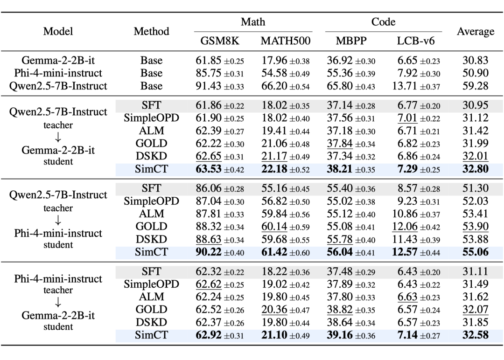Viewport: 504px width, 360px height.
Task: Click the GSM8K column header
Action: (x=220, y=41)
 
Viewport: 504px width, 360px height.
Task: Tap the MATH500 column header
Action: (x=286, y=41)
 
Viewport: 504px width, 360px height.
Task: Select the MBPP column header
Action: (x=351, y=41)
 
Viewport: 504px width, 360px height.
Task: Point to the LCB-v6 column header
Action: (x=416, y=41)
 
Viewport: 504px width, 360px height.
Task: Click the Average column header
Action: (x=476, y=31)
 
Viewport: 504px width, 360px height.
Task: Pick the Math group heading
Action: (x=253, y=22)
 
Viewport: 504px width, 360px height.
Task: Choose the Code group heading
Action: (x=383, y=22)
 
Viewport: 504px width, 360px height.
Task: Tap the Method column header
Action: (x=151, y=31)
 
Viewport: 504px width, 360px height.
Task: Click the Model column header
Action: (x=58, y=31)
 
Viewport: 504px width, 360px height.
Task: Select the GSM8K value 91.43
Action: (x=208, y=86)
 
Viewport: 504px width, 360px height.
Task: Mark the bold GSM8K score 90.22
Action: (x=209, y=252)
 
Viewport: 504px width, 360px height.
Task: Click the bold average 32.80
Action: (x=476, y=169)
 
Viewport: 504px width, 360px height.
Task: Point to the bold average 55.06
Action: (x=476, y=252)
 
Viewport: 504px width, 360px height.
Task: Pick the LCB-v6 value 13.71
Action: (x=405, y=86)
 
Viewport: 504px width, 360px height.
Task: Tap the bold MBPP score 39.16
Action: (x=340, y=335)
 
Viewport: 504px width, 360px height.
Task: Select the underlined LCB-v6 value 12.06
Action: (x=405, y=227)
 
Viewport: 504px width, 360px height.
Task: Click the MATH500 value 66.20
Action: (x=274, y=86)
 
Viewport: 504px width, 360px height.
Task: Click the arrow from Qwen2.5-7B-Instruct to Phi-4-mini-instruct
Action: (x=58, y=220)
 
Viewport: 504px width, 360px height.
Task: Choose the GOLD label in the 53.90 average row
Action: (x=151, y=227)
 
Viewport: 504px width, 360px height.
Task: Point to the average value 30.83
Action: (x=476, y=60)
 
